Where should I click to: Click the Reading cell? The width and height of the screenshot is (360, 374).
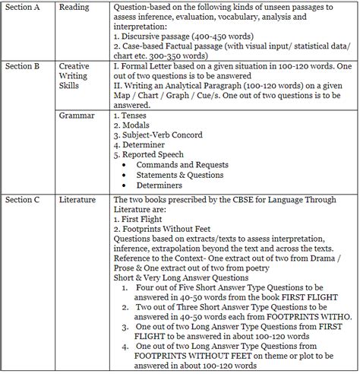coord(74,8)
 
